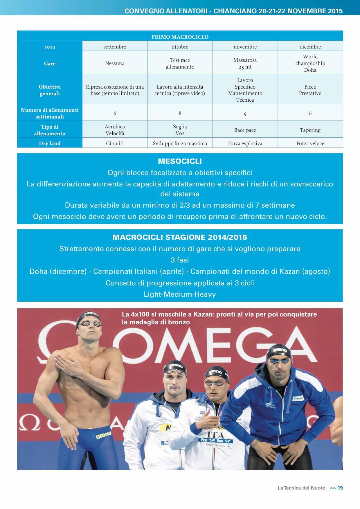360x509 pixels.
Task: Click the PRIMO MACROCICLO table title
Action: (x=180, y=37)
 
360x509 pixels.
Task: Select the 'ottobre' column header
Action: (x=180, y=47)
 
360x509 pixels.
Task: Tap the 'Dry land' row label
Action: (x=50, y=143)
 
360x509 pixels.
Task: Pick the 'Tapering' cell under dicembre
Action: (x=310, y=130)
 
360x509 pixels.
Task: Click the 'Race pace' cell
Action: (x=245, y=130)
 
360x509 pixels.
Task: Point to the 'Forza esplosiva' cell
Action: (x=245, y=143)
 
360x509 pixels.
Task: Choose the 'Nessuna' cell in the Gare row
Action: (x=115, y=63)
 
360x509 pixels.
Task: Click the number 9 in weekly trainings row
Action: (x=245, y=114)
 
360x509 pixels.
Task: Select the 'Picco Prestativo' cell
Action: (x=310, y=90)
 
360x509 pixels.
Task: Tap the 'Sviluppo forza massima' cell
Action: (x=180, y=143)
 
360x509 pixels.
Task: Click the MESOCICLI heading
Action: (x=180, y=161)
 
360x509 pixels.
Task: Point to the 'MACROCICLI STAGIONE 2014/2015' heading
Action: (x=180, y=237)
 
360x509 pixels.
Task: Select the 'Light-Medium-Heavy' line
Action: (x=180, y=294)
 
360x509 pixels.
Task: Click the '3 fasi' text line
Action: (x=180, y=260)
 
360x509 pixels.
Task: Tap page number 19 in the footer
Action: (x=340, y=488)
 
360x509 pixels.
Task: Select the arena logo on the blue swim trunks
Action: (x=104, y=435)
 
